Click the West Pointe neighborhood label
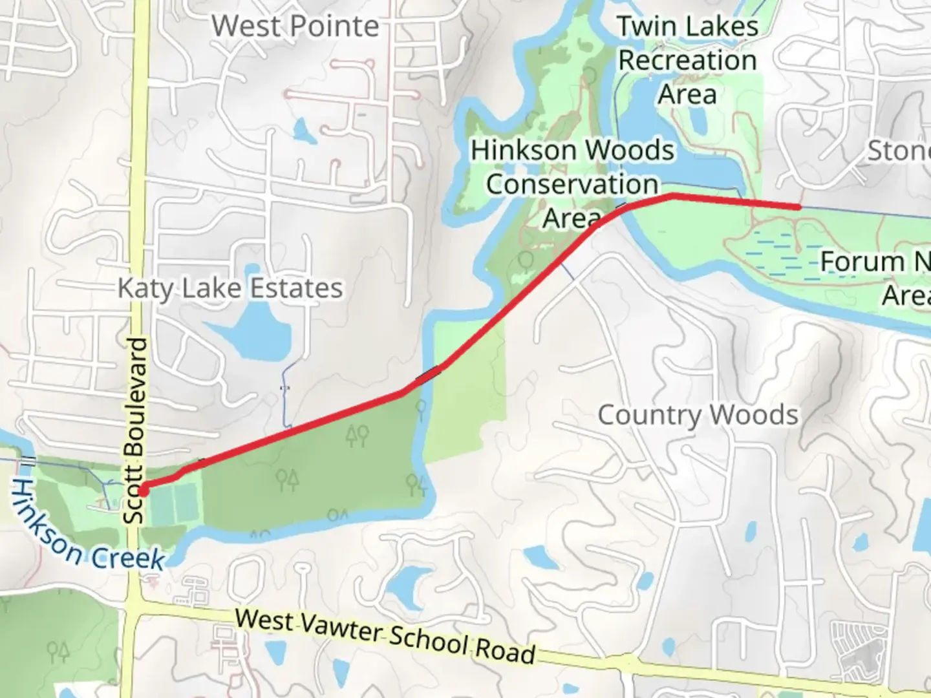(x=295, y=26)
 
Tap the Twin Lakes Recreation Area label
(x=687, y=60)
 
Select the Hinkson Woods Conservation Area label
(x=572, y=184)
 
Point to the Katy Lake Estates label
(x=230, y=288)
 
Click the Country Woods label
(x=698, y=415)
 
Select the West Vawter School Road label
(x=385, y=636)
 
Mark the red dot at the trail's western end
(x=143, y=489)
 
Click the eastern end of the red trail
(x=799, y=207)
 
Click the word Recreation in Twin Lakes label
(x=687, y=61)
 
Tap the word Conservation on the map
(x=572, y=184)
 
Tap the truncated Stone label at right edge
(x=899, y=151)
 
